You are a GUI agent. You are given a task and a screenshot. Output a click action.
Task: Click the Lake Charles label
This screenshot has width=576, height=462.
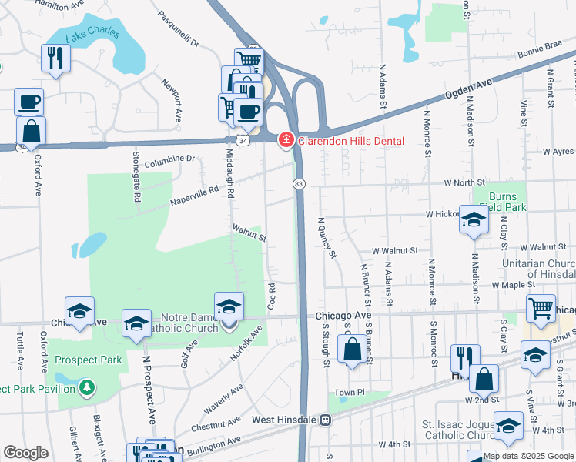tap(92, 32)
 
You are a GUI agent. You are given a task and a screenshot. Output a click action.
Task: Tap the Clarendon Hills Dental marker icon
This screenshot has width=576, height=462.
tap(286, 139)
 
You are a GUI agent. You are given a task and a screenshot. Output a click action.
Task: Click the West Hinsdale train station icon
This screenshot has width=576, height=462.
tap(326, 420)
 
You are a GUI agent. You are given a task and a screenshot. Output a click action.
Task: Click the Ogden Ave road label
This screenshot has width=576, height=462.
tap(468, 89)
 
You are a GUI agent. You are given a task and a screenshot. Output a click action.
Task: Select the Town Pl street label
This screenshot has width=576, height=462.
tap(349, 393)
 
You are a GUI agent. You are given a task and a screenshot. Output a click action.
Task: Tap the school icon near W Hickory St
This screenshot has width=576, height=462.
tap(474, 219)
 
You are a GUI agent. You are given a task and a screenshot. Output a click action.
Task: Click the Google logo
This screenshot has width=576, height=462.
tap(25, 453)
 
